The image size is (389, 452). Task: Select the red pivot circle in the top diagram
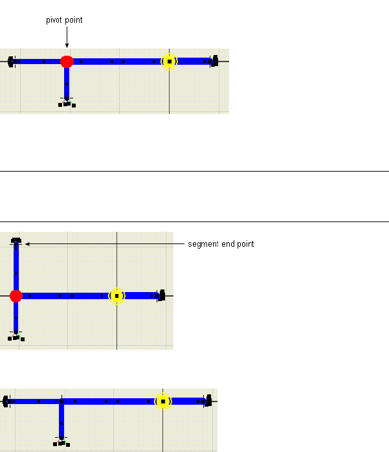[x=67, y=62]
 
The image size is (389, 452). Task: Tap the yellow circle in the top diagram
[x=169, y=62]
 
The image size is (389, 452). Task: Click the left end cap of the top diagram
[x=11, y=62]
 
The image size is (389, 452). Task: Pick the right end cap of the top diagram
[x=215, y=62]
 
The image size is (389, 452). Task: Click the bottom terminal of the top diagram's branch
[x=67, y=102]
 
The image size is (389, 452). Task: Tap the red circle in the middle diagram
[x=16, y=296]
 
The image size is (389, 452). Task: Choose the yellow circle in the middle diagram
[x=117, y=296]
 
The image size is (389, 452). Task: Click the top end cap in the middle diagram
[x=16, y=241]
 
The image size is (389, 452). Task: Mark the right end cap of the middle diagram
[x=161, y=296]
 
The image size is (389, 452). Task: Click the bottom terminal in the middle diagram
[x=16, y=336]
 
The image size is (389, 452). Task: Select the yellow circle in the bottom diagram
[x=163, y=401]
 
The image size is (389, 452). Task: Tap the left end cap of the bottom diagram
[x=6, y=401]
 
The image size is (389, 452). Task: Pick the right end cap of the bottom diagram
[x=208, y=401]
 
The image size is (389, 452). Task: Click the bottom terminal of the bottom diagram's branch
[x=61, y=442]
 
